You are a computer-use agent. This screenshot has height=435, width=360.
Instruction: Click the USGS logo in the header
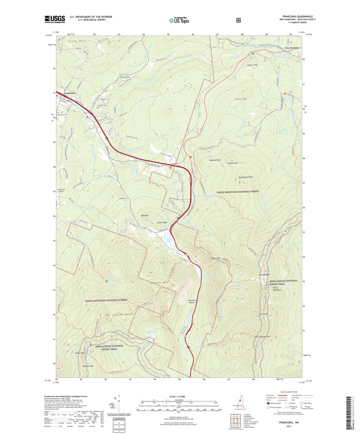pyautogui.click(x=54, y=19)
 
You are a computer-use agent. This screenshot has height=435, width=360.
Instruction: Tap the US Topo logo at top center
pyautogui.click(x=179, y=20)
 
